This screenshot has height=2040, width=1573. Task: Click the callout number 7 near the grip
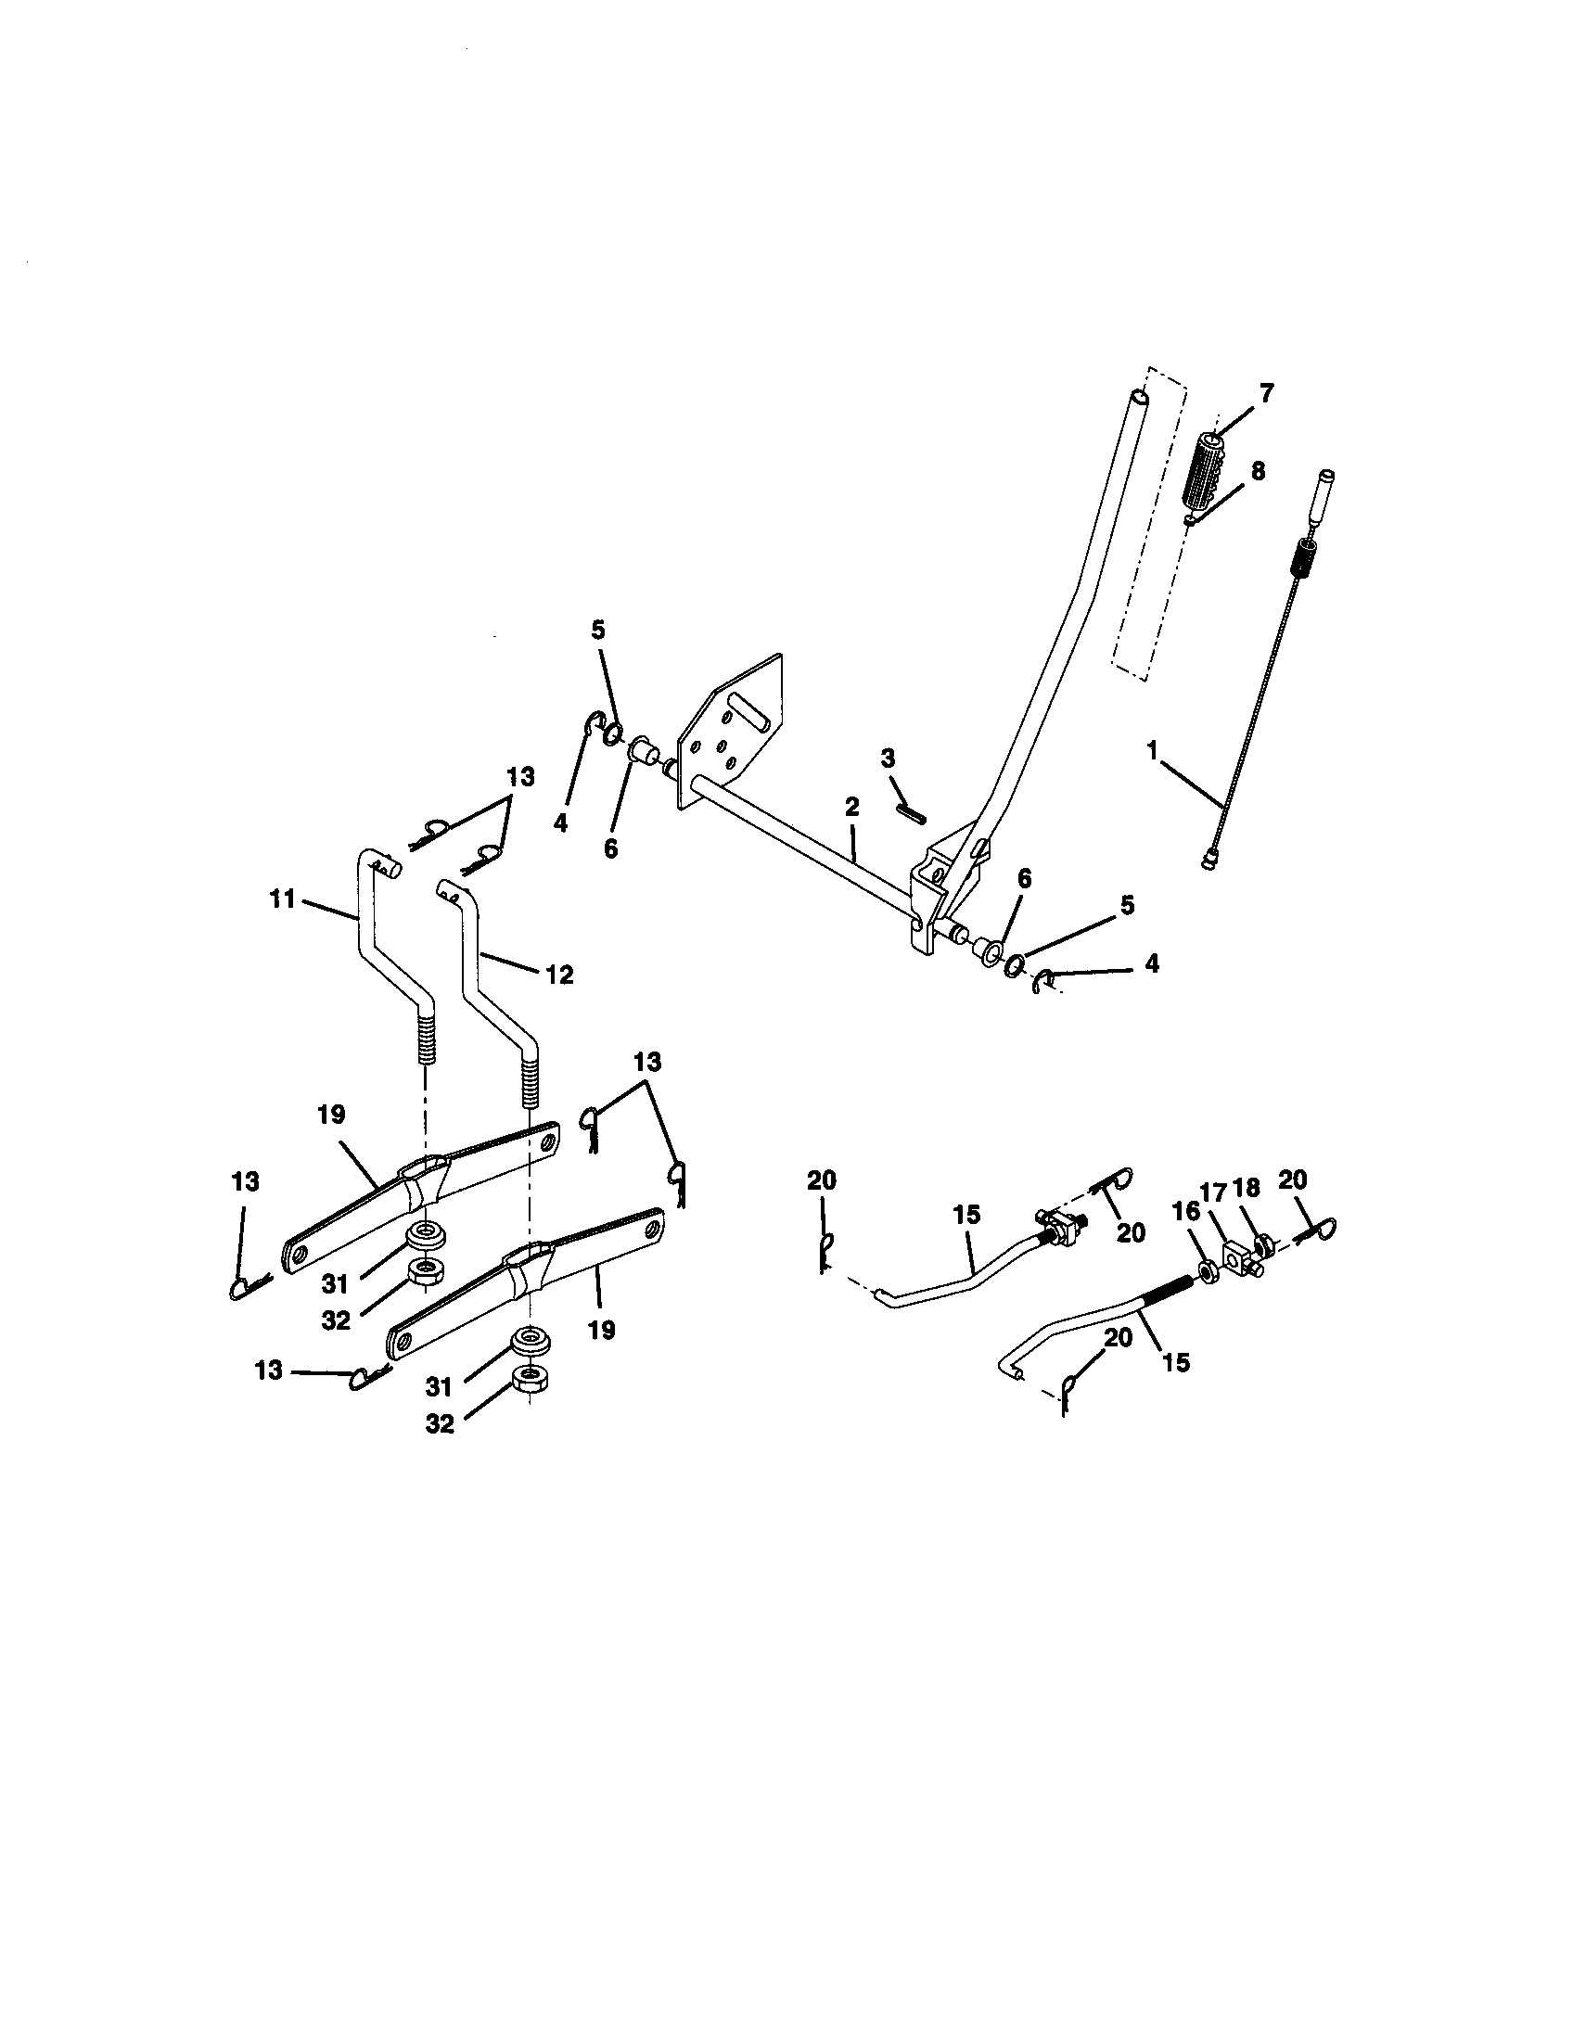click(x=1266, y=393)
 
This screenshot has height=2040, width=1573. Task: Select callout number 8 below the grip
click(x=1259, y=472)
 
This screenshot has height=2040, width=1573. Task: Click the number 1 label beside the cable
click(x=1153, y=750)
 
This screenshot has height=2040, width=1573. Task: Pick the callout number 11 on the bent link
click(x=283, y=899)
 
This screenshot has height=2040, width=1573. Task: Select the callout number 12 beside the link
click(x=558, y=975)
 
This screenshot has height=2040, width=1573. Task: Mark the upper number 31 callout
click(x=336, y=1285)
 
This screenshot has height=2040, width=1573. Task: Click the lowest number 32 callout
click(x=439, y=1423)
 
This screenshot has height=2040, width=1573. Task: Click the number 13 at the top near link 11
click(x=520, y=777)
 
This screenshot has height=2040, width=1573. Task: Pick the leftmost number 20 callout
click(x=822, y=1181)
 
